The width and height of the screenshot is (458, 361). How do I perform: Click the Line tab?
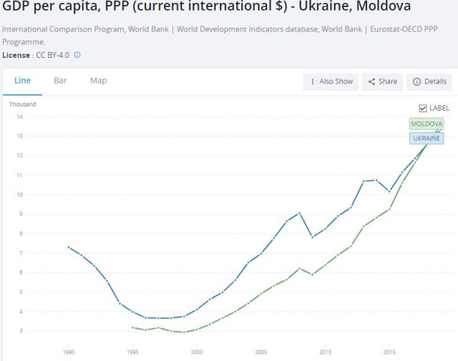[x=22, y=81]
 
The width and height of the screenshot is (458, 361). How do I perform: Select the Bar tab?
[x=60, y=81]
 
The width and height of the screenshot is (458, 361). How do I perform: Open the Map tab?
[x=98, y=81]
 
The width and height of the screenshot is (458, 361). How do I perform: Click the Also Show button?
[x=331, y=81]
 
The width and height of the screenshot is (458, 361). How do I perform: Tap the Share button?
[x=382, y=81]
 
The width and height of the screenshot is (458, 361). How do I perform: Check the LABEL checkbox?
[x=423, y=108]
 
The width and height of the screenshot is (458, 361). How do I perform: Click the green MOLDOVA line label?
[x=427, y=124]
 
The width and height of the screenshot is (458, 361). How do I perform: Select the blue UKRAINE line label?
[x=427, y=138]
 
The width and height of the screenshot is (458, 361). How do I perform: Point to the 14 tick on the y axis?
[x=20, y=117]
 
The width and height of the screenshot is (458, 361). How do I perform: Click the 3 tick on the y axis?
[x=21, y=331]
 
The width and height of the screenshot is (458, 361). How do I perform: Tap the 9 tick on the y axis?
[x=21, y=214]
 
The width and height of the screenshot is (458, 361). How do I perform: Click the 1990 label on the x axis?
[x=69, y=352]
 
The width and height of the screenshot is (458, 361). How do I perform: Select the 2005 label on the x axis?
[x=261, y=352]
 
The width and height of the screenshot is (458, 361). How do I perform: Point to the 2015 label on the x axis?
[x=389, y=352]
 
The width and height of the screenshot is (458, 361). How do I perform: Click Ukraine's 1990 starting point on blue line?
[x=69, y=247]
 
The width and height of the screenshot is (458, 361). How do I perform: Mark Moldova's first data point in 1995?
[x=133, y=327]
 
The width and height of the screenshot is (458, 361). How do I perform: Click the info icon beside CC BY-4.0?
[x=77, y=55]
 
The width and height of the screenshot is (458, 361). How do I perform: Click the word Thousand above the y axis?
[x=22, y=104]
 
